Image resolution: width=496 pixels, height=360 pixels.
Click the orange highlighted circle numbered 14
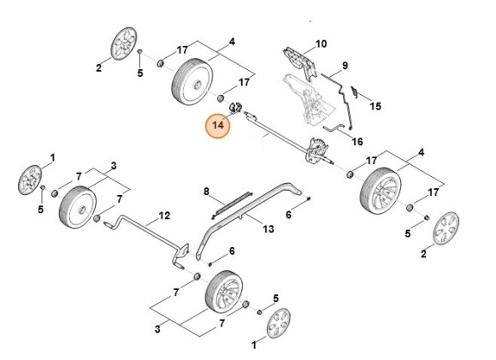[217, 126]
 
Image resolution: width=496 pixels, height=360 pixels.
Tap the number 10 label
[322, 44]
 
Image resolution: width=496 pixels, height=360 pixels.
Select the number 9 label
[345, 66]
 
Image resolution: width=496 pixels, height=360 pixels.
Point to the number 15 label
[375, 107]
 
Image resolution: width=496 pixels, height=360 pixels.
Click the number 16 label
[357, 140]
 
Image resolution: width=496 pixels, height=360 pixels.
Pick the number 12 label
[165, 215]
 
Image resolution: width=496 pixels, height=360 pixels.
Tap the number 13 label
[268, 228]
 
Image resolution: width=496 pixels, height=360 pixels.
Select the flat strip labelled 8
[233, 202]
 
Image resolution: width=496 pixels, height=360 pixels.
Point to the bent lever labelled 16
[332, 130]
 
